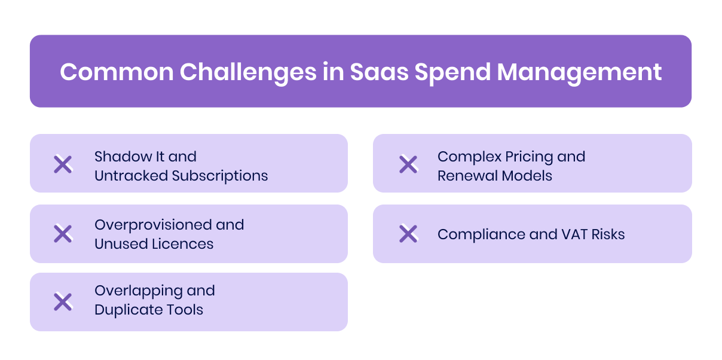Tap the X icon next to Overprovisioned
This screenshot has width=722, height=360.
63,234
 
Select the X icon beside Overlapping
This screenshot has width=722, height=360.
63,301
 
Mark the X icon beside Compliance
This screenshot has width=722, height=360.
408,234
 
